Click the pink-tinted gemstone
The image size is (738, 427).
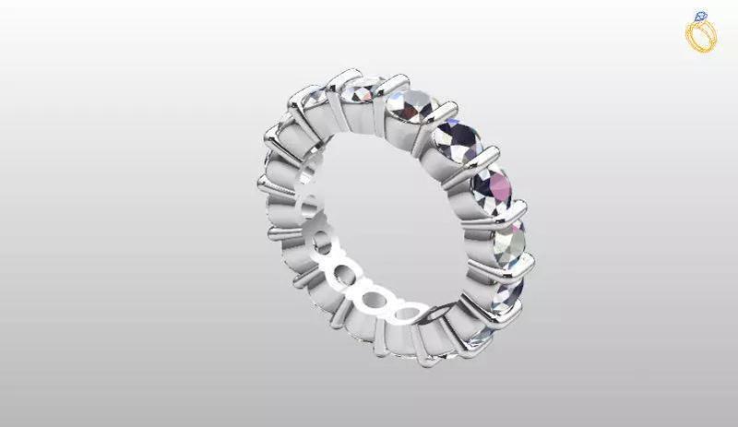495,188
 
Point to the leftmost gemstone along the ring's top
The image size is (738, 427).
312,98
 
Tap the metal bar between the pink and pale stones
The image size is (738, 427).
503,218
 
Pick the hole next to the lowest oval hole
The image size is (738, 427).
374,300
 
